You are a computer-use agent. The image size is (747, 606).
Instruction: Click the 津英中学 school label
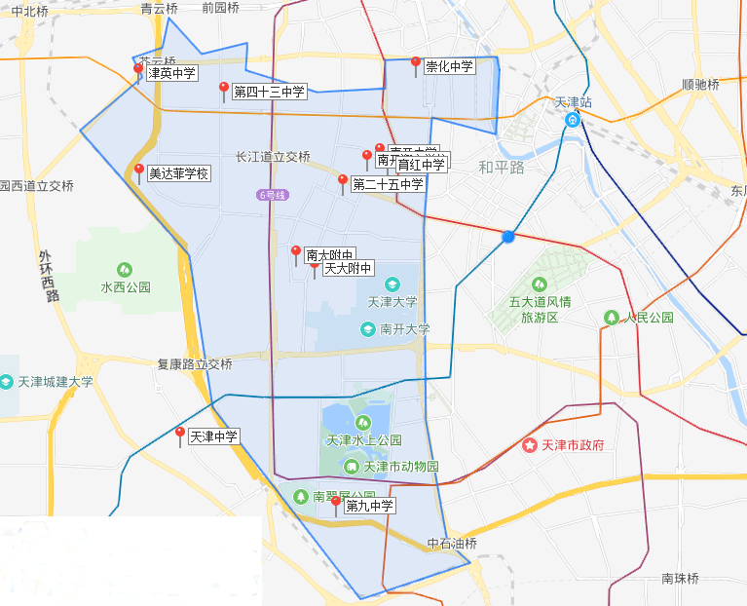point(171,72)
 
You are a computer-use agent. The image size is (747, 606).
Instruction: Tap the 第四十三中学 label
point(269,92)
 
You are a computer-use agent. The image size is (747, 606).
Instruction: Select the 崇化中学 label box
point(449,66)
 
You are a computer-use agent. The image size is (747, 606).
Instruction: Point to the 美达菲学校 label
point(178,173)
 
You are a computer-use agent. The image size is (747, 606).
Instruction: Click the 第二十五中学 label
point(388,184)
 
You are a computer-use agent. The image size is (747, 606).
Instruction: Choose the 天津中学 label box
point(213,436)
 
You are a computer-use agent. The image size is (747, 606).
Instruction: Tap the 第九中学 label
point(369,506)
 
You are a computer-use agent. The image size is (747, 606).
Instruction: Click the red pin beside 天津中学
point(180,434)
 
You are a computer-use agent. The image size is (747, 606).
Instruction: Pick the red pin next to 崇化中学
point(416,63)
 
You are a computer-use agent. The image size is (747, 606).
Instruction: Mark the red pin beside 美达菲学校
point(139,170)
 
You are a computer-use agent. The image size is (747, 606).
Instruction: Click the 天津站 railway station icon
point(573,120)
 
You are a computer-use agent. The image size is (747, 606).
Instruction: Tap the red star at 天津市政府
point(530,445)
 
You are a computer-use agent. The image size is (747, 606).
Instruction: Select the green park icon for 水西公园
point(125,269)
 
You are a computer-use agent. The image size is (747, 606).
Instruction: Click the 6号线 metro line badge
point(274,195)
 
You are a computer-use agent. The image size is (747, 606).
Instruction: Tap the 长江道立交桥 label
point(273,157)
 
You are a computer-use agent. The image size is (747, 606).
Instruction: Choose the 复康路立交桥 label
point(195,364)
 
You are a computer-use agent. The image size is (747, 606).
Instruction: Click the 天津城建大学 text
point(56,382)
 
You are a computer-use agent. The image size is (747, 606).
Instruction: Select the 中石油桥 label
point(452,543)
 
